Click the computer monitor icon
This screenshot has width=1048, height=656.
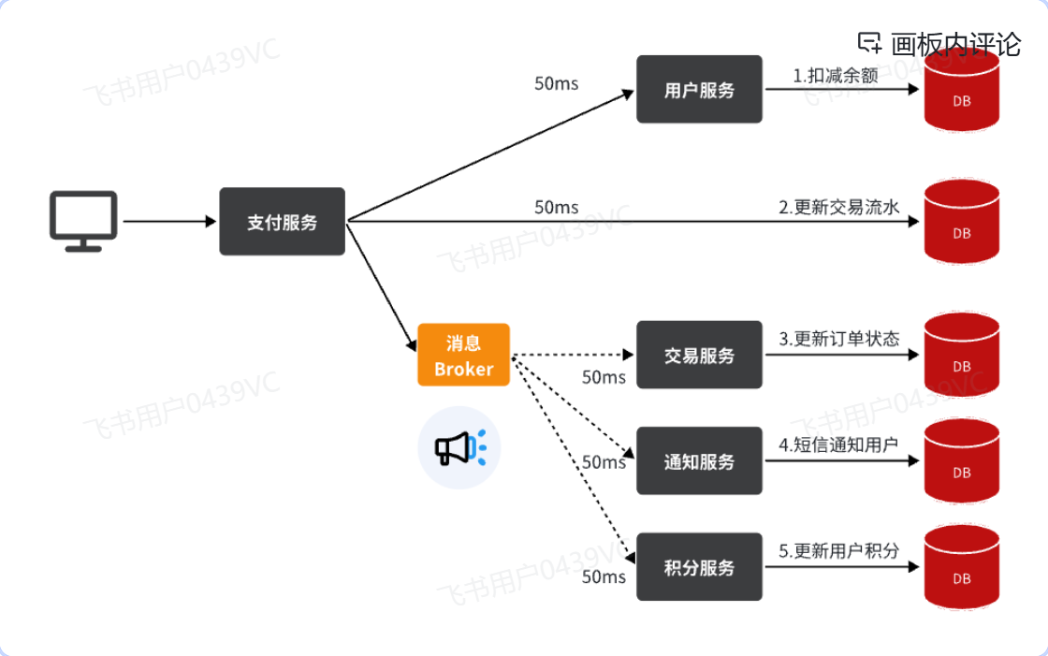pyautogui.click(x=83, y=222)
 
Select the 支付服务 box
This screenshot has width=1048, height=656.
pyautogui.click(x=283, y=222)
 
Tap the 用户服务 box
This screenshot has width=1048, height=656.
pyautogui.click(x=699, y=90)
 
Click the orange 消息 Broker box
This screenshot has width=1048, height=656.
pyautogui.click(x=463, y=356)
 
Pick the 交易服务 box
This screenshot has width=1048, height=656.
pyautogui.click(x=699, y=356)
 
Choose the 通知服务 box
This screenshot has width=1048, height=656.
pyautogui.click(x=699, y=461)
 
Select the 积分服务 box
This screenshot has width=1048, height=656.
pyautogui.click(x=699, y=567)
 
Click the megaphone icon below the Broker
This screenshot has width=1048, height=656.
pyautogui.click(x=458, y=447)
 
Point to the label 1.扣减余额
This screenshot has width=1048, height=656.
pyautogui.click(x=836, y=76)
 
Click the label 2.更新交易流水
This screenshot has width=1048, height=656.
pyautogui.click(x=839, y=207)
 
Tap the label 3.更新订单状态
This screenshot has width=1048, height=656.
pyautogui.click(x=839, y=339)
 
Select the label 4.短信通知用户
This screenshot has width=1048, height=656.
pyautogui.click(x=838, y=445)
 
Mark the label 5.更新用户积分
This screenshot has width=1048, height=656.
pyautogui.click(x=838, y=550)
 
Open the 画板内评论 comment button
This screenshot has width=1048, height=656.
pyautogui.click(x=939, y=43)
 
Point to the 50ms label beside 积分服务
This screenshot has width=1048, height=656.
pyautogui.click(x=604, y=576)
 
